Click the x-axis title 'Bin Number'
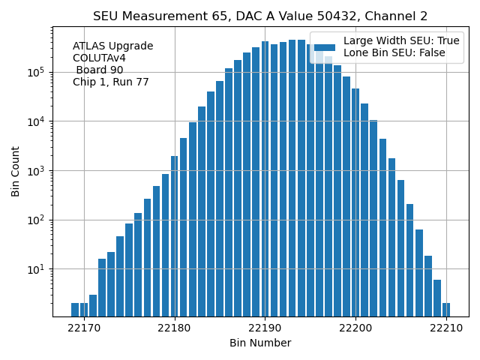coord(260,343)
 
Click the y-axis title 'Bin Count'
coord(16,172)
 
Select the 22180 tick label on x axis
coord(175,328)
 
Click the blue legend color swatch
coord(325,46)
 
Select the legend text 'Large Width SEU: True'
coord(401,41)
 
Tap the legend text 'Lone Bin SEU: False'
coord(394,52)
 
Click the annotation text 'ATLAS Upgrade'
coord(112,46)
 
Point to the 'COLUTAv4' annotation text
coord(99,58)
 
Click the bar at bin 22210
coord(446,310)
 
